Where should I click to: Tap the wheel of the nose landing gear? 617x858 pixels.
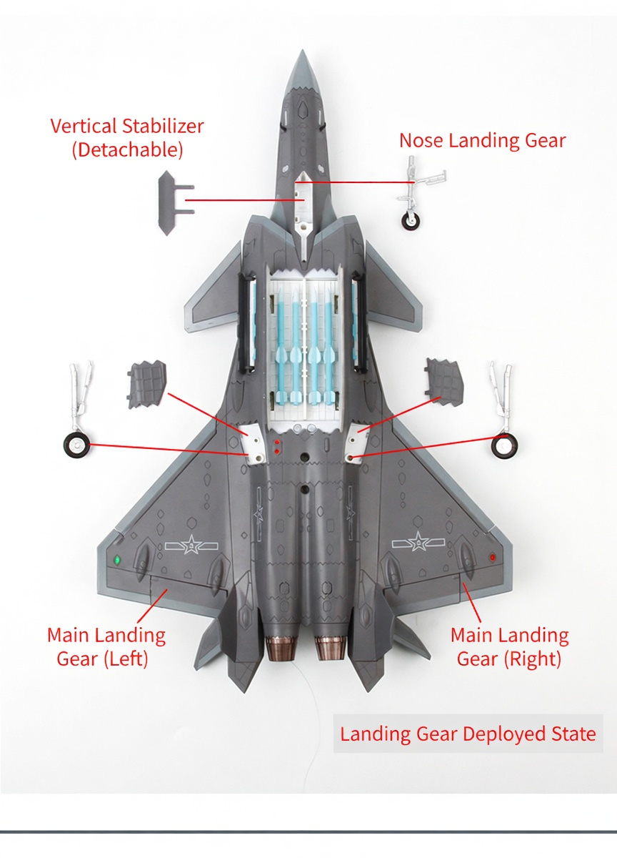tap(411, 221)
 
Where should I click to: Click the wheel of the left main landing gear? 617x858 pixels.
tap(76, 445)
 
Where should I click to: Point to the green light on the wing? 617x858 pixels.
tap(117, 561)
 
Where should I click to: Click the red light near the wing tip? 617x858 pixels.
tap(492, 556)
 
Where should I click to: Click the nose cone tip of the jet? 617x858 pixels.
tap(303, 51)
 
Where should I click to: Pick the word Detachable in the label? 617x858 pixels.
tap(127, 149)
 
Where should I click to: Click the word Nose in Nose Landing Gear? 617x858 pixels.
tap(421, 141)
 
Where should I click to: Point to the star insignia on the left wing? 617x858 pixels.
tap(191, 544)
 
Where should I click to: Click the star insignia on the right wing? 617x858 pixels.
tap(418, 543)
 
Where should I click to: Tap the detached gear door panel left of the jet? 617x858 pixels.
tap(146, 384)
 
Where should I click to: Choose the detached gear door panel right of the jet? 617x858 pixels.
tap(444, 382)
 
